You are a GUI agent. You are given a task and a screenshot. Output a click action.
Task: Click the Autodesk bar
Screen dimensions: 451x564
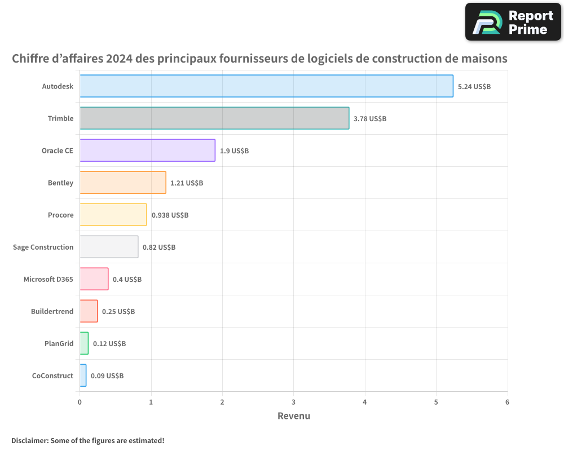coord(266,86)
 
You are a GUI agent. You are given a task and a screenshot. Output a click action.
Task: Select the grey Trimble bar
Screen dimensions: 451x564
coord(214,118)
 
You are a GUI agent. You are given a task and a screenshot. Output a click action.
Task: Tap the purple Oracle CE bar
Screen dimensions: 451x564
coord(147,151)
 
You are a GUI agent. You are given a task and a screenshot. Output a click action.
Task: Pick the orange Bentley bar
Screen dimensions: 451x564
coord(123,183)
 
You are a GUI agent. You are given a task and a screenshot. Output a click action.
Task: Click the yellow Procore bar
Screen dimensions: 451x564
coord(113,215)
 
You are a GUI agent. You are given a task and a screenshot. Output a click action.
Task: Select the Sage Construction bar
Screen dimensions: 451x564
coord(109,247)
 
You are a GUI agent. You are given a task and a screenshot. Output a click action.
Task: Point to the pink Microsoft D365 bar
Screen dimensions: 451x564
coord(94,279)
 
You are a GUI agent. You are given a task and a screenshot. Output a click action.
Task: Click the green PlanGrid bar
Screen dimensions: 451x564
coord(84,343)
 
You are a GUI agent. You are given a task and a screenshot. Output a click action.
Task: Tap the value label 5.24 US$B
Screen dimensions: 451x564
coord(474,87)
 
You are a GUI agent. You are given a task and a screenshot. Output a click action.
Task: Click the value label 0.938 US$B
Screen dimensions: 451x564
coord(170,215)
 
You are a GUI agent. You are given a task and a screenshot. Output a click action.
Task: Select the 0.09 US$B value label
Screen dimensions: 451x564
coord(107,376)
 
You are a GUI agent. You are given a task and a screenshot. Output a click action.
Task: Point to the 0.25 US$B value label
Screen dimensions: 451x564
coord(118,312)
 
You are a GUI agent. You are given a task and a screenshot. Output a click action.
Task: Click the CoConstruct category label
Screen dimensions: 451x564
coord(52,376)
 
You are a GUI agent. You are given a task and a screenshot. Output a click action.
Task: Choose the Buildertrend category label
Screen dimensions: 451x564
coord(52,312)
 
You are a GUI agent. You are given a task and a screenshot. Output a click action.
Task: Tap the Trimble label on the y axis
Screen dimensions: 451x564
coord(60,119)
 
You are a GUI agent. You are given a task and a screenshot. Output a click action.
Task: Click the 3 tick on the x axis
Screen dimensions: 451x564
coord(293,403)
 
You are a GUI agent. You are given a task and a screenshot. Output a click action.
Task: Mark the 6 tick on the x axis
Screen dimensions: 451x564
coord(507,403)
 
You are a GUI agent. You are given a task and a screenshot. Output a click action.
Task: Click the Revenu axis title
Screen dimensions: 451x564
coord(293,416)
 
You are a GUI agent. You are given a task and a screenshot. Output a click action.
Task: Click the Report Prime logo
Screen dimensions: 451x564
coord(513,22)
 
